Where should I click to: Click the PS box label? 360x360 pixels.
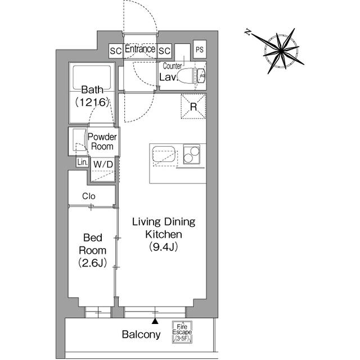(200, 49)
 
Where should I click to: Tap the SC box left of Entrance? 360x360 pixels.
(115, 51)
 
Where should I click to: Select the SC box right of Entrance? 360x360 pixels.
(164, 51)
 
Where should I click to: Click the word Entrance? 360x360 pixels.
(140, 49)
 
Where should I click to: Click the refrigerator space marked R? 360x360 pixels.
(193, 106)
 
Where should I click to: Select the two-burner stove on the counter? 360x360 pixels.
(191, 154)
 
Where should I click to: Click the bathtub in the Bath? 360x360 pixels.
(92, 78)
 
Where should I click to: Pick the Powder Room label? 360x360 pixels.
(102, 142)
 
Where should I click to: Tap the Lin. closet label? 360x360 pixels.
(83, 163)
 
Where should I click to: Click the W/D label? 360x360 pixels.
(103, 164)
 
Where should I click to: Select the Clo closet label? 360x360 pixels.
(89, 196)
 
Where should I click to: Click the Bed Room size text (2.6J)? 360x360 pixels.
(92, 263)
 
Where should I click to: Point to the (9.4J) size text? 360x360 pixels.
(164, 247)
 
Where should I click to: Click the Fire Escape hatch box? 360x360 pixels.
(182, 332)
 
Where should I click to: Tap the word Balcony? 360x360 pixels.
(141, 335)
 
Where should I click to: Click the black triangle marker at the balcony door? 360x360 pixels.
(155, 321)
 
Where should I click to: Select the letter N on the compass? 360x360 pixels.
(247, 32)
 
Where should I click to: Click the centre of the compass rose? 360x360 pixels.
(281, 50)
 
